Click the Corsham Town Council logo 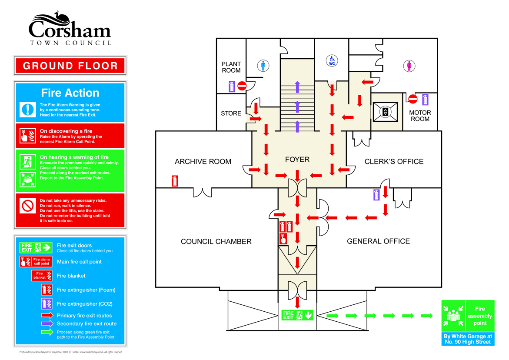[x=70, y=29]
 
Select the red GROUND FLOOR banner [x=70, y=66]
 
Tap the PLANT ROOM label [x=231, y=67]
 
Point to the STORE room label [x=231, y=113]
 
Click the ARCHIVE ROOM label [x=203, y=161]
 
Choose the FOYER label [x=297, y=160]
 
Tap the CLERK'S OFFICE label [x=394, y=161]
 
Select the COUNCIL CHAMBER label [x=216, y=241]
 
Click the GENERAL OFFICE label [x=379, y=241]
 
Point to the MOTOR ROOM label [x=420, y=116]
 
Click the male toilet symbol [x=263, y=66]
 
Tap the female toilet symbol [x=409, y=66]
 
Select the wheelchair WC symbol [x=332, y=60]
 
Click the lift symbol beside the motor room [x=385, y=112]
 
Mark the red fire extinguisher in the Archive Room [x=175, y=181]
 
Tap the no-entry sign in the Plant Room [x=242, y=86]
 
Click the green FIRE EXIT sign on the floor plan [x=297, y=315]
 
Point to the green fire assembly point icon [x=453, y=316]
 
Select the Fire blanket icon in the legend [x=42, y=276]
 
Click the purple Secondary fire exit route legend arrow [x=47, y=323]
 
